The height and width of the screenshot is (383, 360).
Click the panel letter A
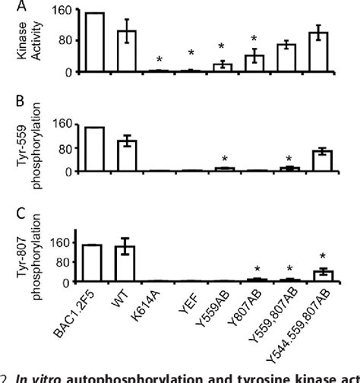10,8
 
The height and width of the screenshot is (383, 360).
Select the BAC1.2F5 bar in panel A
95,43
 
